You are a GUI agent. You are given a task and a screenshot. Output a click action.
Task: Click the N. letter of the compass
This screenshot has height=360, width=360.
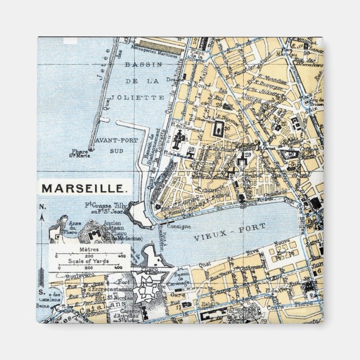[41, 207]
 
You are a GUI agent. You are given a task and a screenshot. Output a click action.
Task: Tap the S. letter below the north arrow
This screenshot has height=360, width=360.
[41, 291]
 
